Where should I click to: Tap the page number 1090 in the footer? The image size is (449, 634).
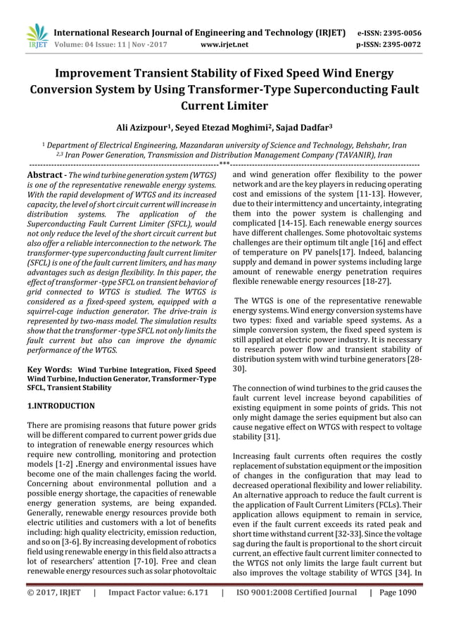pos(405,612)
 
